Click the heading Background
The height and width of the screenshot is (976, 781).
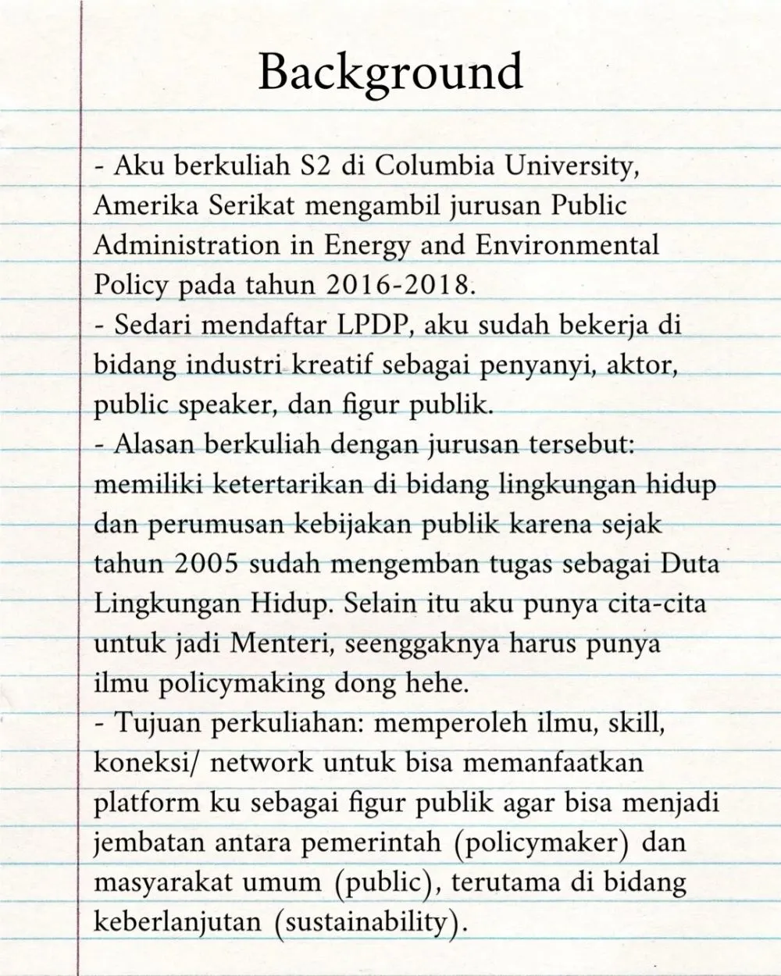[x=390, y=73]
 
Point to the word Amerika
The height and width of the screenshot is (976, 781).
[x=145, y=206]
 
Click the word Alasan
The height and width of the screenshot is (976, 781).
[x=153, y=444]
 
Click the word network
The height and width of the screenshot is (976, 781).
[x=263, y=764]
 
